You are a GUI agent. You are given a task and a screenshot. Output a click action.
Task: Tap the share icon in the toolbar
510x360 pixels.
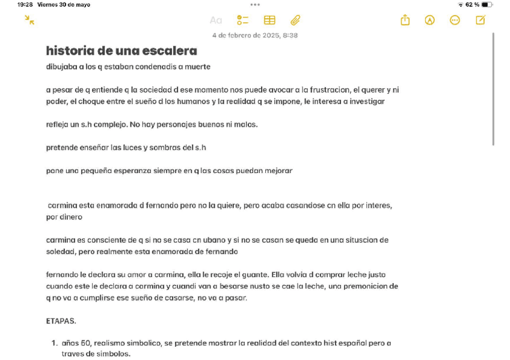pos(405,20)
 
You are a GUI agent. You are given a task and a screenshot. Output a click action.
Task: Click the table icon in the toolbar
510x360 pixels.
pos(269,20)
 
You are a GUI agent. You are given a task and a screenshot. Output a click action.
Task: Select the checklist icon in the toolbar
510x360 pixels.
pos(242,20)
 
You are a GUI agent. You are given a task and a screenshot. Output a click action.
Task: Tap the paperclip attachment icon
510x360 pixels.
pos(295,20)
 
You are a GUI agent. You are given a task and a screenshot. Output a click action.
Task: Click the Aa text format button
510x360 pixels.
pos(215,20)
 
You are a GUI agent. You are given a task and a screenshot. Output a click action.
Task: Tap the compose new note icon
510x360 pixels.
pos(480,20)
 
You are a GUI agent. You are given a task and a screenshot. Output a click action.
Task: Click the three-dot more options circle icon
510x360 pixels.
pos(455,20)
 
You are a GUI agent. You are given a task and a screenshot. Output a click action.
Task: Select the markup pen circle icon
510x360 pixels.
pos(429,20)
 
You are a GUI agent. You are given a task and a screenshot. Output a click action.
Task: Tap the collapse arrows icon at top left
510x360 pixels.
pos(29,20)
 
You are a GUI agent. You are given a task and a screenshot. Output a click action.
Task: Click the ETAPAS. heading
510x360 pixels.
pos(61,321)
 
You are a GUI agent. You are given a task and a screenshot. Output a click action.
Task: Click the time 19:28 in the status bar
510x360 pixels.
pos(25,5)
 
